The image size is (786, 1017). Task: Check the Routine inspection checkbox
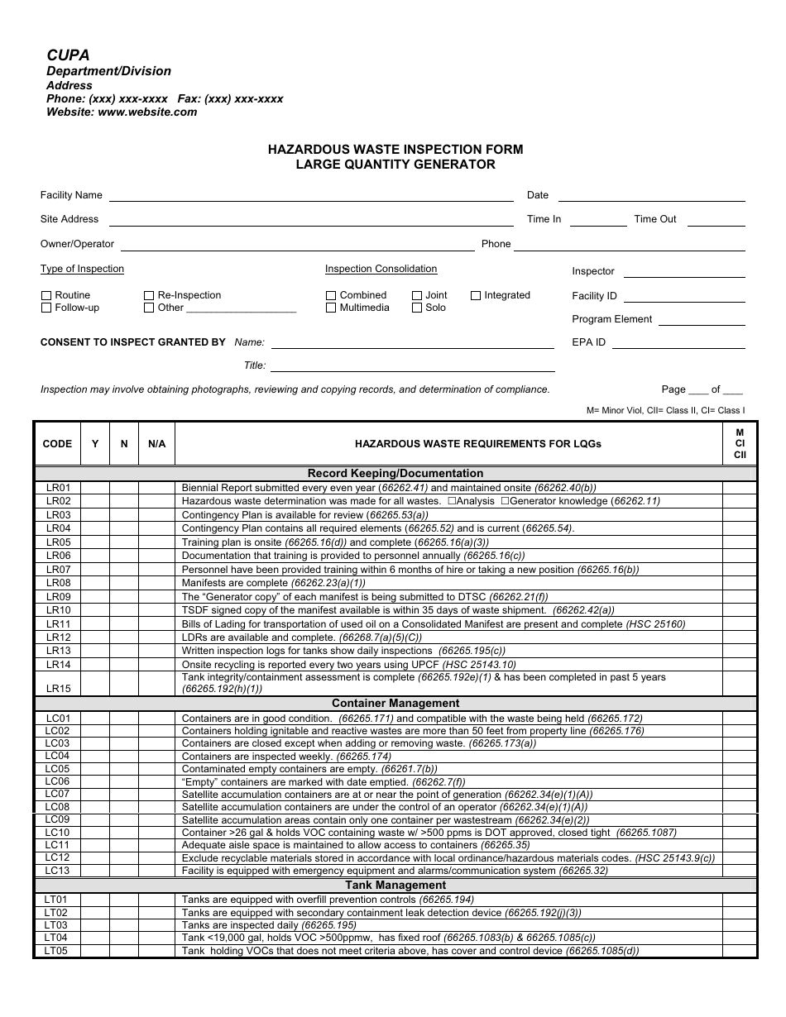(x=46, y=295)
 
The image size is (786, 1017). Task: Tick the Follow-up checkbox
(x=46, y=308)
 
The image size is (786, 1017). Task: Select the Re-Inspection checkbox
(x=149, y=295)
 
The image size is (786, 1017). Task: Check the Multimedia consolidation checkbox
(x=331, y=308)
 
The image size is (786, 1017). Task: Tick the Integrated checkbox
(x=476, y=295)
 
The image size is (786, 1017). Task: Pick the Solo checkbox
(x=417, y=308)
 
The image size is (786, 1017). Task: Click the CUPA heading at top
(x=68, y=55)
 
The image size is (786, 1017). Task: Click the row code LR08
(x=58, y=583)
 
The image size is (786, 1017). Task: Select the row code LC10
(x=58, y=833)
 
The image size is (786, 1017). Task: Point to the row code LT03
(x=56, y=925)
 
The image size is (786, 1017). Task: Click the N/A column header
(x=156, y=444)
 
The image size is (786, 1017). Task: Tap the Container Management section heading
(x=395, y=704)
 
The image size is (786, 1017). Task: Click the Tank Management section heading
(x=395, y=886)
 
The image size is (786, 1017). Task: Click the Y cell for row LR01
(x=95, y=488)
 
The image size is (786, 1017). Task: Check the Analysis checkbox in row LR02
(x=452, y=501)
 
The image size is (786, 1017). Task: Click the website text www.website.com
(x=147, y=112)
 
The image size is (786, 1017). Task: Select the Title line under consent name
(x=412, y=370)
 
